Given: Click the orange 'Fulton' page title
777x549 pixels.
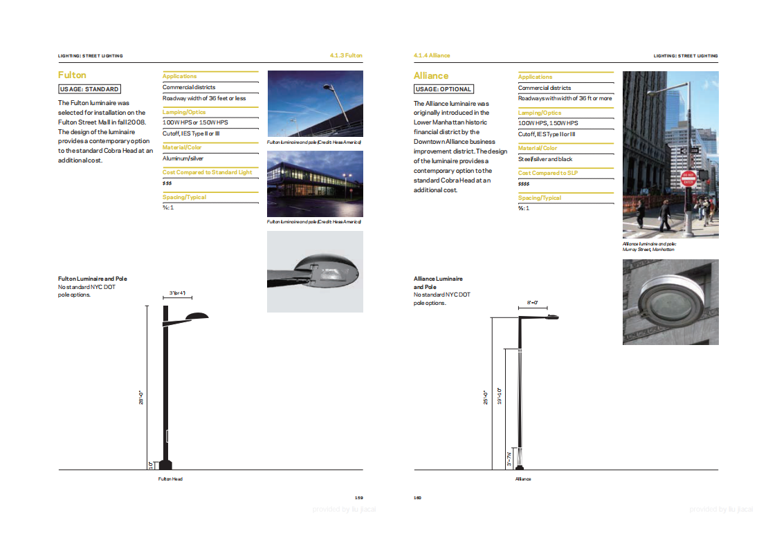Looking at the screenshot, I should (x=72, y=75).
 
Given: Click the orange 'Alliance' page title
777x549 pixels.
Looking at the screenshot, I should (x=431, y=75).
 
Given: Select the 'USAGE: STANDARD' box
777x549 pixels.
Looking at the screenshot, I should (x=89, y=89).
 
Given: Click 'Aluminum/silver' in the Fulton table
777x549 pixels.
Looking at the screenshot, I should (x=183, y=158).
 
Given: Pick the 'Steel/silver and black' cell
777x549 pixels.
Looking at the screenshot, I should (x=545, y=159).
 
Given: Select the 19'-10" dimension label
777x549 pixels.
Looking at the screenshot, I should (x=500, y=396).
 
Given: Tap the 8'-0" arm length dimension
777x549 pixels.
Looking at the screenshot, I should (x=532, y=303).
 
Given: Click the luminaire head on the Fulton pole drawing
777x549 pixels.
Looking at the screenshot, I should (x=196, y=317).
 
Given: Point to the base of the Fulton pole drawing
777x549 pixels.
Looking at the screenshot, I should (x=165, y=464).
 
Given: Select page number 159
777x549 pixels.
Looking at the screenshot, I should (x=358, y=497).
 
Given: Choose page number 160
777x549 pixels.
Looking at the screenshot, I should (x=418, y=497).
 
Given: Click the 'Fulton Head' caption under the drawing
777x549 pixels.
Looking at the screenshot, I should (x=170, y=478).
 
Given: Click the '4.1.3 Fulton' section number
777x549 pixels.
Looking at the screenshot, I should (x=346, y=55).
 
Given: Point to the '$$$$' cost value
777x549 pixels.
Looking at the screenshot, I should (x=524, y=184).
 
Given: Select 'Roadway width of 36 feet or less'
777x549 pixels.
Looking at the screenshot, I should (x=204, y=98).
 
